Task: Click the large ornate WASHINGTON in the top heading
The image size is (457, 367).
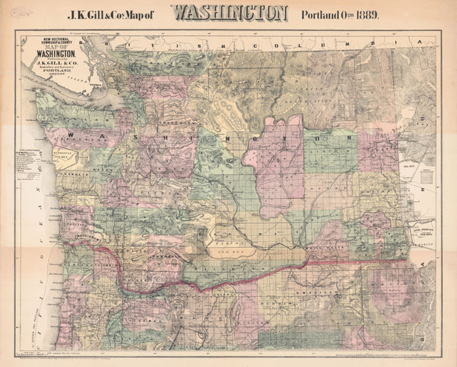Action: click(x=230, y=13)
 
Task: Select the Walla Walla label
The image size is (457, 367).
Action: click(x=326, y=251)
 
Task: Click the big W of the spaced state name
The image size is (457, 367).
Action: click(x=71, y=136)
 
